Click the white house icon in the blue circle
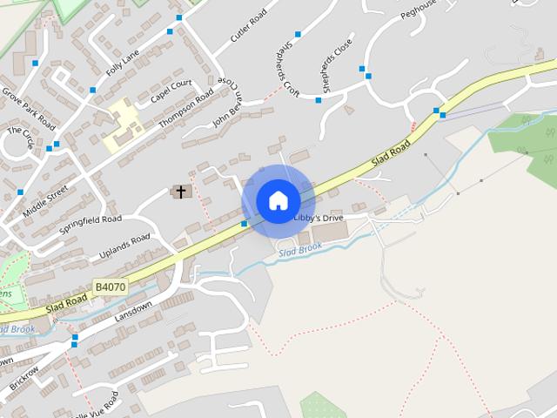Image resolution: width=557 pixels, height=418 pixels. click(278, 200)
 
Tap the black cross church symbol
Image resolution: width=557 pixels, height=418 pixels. click(181, 192)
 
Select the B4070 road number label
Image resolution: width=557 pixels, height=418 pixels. click(111, 287)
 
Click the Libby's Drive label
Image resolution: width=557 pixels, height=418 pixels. click(319, 217)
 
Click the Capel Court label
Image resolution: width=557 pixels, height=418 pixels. click(171, 91)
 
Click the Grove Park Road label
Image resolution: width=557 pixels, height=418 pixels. click(28, 104)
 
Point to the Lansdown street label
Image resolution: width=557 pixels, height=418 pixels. click(133, 313)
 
